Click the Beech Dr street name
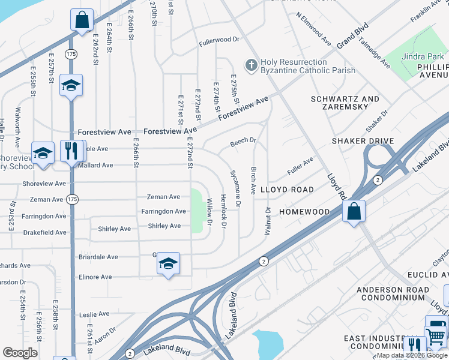(244, 143)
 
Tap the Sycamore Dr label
(235, 189)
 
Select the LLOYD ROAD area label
(286, 190)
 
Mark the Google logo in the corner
(19, 353)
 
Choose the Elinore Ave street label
(95, 277)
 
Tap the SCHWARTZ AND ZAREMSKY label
(345, 104)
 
